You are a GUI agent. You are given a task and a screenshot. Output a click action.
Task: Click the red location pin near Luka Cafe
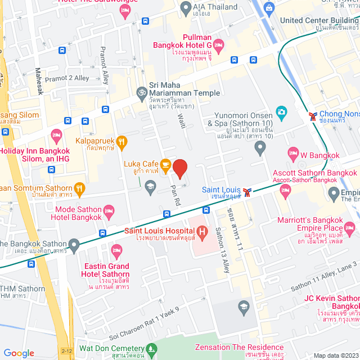pyautogui.click(x=179, y=168)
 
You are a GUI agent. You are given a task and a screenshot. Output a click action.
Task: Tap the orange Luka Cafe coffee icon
pyautogui.click(x=165, y=164)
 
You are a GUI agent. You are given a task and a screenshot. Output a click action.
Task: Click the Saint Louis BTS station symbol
pyautogui.click(x=246, y=192)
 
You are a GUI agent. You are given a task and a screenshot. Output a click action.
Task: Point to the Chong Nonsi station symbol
pyautogui.click(x=313, y=116)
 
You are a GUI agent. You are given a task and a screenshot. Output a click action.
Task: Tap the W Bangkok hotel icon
pyautogui.click(x=292, y=152)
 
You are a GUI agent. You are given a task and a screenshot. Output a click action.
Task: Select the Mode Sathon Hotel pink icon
pyautogui.click(x=109, y=211)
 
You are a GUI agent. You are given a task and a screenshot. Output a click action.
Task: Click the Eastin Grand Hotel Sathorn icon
pyautogui.click(x=117, y=250)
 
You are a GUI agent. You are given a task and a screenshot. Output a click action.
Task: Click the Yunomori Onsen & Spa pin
pyautogui.click(x=259, y=148)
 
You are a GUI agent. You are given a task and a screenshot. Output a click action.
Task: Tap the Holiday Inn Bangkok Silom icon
pyautogui.click(x=56, y=134)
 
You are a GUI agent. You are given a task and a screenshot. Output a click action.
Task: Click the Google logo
pyautogui.click(x=19, y=353)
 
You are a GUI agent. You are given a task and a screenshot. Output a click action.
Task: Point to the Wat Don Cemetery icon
pyautogui.click(x=150, y=348)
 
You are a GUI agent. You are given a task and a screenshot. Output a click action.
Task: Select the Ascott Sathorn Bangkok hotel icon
pyautogui.click(x=285, y=191)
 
